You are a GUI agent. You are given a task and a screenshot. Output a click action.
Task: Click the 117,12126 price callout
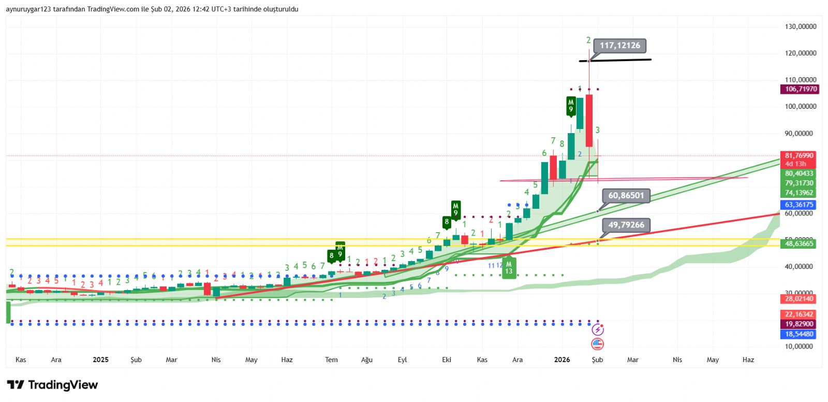tap(620, 46)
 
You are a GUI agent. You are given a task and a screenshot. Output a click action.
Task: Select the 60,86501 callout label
tap(626, 195)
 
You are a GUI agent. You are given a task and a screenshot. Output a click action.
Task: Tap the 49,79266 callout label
tap(626, 225)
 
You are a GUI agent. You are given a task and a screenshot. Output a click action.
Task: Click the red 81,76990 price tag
tap(799, 155)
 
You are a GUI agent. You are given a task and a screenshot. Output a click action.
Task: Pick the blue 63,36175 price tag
tap(799, 205)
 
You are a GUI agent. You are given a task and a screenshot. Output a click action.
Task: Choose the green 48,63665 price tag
tap(799, 243)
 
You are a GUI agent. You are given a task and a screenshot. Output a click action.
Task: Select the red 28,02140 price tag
tap(799, 298)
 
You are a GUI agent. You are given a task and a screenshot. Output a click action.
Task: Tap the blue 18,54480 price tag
tap(799, 334)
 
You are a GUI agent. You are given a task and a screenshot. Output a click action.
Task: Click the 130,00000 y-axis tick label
tap(801, 26)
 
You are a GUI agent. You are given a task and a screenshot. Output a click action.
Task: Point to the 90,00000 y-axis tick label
tap(801, 133)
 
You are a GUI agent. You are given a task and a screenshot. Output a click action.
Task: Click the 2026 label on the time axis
tap(562, 360)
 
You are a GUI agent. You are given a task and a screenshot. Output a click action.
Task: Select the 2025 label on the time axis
tap(100, 360)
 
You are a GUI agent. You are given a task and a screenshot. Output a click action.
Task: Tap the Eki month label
tap(447, 360)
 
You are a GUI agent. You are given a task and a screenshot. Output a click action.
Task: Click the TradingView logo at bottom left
tap(52, 385)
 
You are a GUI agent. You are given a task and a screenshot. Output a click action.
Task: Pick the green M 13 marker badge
tap(509, 268)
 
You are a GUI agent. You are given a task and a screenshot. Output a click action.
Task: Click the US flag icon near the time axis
tap(598, 343)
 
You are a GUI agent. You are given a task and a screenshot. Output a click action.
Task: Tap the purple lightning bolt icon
tap(598, 330)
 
